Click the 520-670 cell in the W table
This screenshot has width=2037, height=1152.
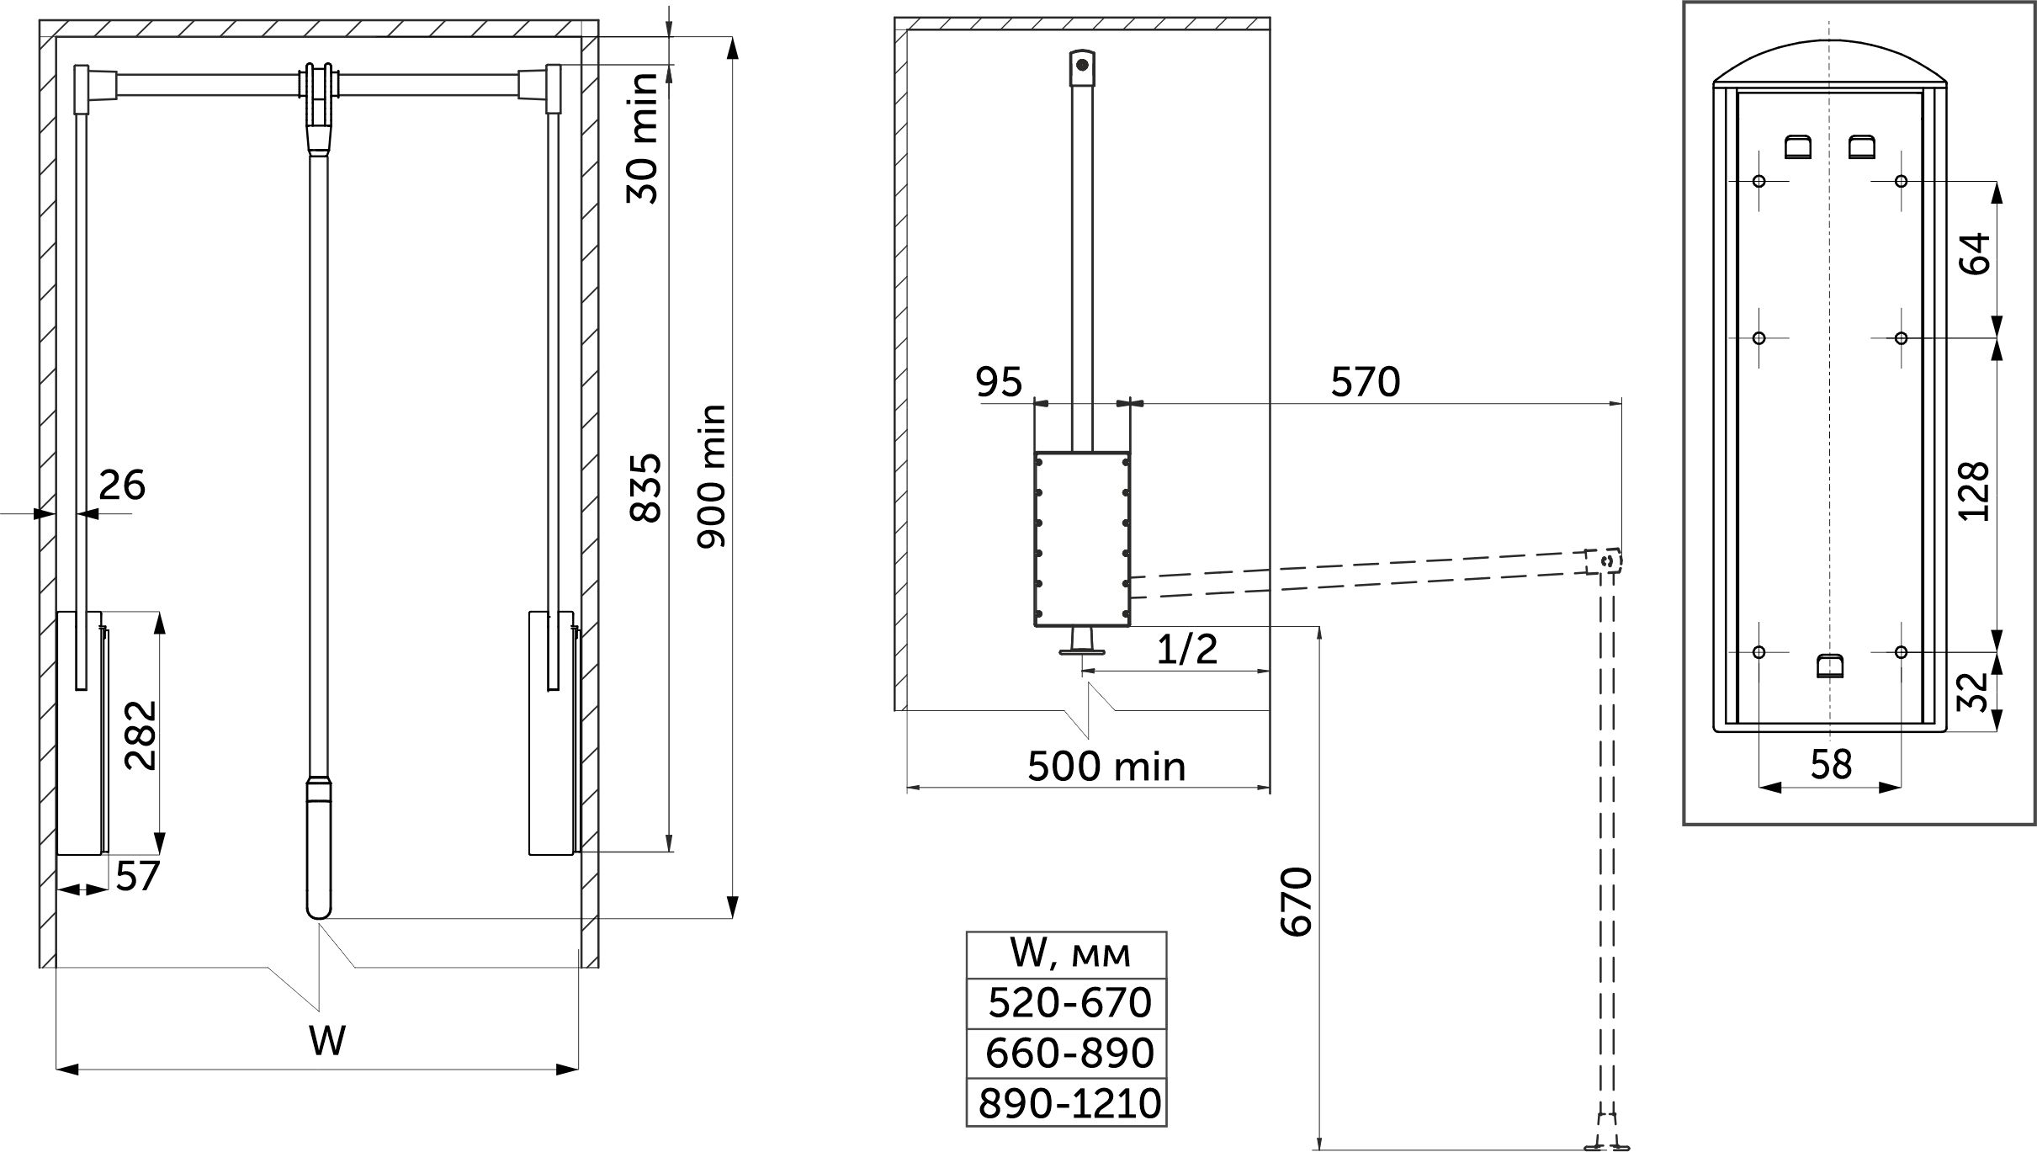1067,1003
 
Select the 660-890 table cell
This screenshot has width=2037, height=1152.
1067,1053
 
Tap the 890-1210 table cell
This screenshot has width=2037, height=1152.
1067,1102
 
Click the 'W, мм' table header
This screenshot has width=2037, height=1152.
1067,955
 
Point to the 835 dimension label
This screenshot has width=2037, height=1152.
647,489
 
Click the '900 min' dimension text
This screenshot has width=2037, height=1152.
711,476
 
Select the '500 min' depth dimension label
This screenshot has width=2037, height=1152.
1106,767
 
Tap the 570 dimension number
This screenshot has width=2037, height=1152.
1366,382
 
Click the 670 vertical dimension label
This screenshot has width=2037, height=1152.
1296,901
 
